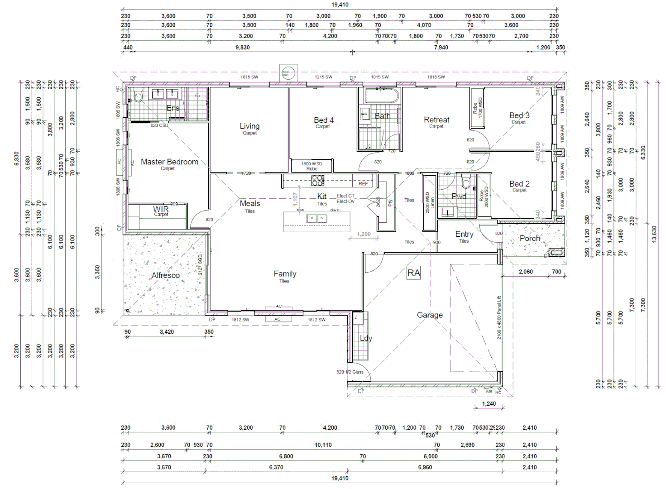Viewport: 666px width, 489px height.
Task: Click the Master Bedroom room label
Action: point(169,162)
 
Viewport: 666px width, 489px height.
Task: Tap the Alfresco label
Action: point(165,275)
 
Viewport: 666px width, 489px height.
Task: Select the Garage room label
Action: point(430,315)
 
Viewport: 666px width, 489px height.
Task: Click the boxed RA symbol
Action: point(413,273)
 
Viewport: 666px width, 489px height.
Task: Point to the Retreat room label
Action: point(436,120)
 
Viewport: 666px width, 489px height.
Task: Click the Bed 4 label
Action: point(323,120)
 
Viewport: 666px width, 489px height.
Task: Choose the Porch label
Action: point(529,238)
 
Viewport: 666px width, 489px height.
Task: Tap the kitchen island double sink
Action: point(316,219)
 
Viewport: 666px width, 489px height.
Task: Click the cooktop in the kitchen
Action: point(317,181)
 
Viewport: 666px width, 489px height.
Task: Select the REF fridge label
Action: point(363,184)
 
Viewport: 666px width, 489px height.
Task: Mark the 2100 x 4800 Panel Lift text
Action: point(499,318)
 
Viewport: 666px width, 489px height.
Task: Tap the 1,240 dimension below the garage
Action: point(489,403)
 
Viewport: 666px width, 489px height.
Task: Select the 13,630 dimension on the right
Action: point(654,235)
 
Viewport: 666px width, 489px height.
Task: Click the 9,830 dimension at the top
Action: point(242,48)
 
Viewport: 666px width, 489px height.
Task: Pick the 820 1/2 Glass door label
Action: point(350,372)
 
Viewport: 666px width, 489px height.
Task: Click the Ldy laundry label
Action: point(365,338)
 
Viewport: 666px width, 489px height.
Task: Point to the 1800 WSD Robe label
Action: point(312,166)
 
